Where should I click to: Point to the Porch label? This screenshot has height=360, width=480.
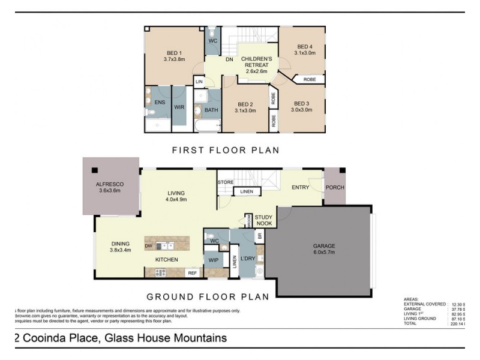[x=335, y=187]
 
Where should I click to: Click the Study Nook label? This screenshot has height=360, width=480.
[x=263, y=220]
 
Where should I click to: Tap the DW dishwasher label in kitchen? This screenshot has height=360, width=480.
[x=148, y=245]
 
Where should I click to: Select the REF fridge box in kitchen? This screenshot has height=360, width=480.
[x=192, y=273]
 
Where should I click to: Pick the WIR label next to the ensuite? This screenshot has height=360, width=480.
[x=179, y=107]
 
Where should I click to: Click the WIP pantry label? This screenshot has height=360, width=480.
[x=213, y=260]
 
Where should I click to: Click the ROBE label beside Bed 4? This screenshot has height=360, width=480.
[x=310, y=79]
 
